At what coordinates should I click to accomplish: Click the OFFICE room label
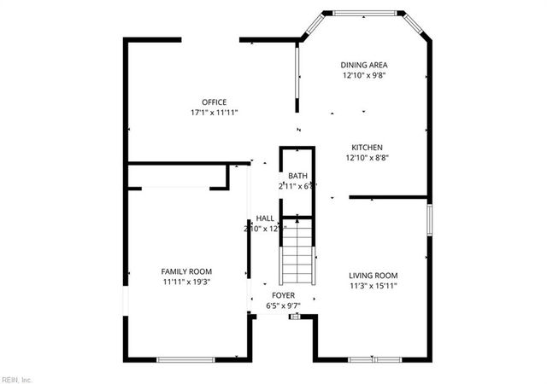pyautogui.click(x=215, y=102)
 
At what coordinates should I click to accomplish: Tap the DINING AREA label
pyautogui.click(x=364, y=65)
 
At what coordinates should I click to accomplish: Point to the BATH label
pyautogui.click(x=297, y=176)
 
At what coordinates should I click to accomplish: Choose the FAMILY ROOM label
pyautogui.click(x=186, y=271)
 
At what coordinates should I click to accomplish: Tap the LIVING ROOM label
pyautogui.click(x=373, y=275)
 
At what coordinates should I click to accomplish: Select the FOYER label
pyautogui.click(x=285, y=295)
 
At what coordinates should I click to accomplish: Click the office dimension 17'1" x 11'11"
pyautogui.click(x=215, y=113)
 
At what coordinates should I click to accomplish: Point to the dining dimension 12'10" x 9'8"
pyautogui.click(x=364, y=75)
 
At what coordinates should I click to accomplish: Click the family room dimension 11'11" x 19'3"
pyautogui.click(x=186, y=282)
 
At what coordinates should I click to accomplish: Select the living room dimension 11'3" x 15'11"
pyautogui.click(x=373, y=285)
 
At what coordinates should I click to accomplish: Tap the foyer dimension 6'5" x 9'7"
pyautogui.click(x=285, y=305)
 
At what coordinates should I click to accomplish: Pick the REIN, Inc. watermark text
pyautogui.click(x=16, y=378)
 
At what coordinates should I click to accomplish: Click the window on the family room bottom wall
pyautogui.click(x=185, y=358)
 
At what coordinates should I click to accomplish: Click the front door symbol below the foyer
pyautogui.click(x=295, y=317)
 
